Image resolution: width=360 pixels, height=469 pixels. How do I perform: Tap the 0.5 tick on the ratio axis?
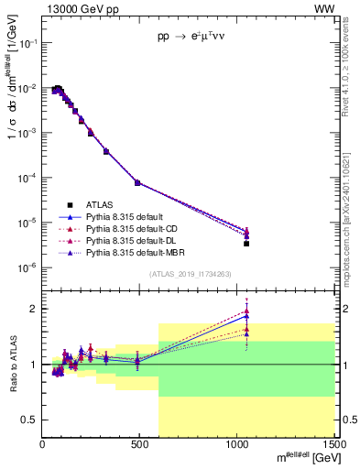[x=30, y=420]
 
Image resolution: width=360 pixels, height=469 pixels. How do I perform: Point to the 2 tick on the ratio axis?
[x=34, y=309]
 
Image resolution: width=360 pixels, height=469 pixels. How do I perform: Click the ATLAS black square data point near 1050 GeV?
[x=246, y=244]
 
